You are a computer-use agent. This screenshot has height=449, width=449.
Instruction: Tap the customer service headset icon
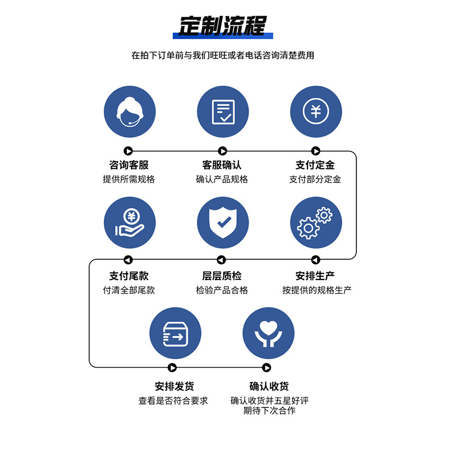pyautogui.click(x=130, y=111)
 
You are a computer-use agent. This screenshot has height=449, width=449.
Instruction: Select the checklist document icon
pyautogui.click(x=223, y=111)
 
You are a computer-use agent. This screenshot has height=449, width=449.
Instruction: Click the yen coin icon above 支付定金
pyautogui.click(x=315, y=111)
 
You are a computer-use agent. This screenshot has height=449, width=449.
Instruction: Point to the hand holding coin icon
pyautogui.click(x=130, y=222)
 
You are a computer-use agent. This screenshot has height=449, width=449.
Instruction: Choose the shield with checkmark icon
pyautogui.click(x=223, y=222)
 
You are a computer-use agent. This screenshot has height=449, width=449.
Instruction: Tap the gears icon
pyautogui.click(x=315, y=222)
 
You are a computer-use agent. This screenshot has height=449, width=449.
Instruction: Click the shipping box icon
pyautogui.click(x=175, y=333)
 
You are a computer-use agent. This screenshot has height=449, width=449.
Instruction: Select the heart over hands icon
pyautogui.click(x=268, y=333)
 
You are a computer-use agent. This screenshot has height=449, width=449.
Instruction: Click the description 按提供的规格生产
pyautogui.click(x=317, y=290)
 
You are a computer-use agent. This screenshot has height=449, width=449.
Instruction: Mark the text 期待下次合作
pyautogui.click(x=269, y=411)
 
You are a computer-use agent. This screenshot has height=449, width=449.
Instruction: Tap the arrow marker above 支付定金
pyautogui.click(x=315, y=150)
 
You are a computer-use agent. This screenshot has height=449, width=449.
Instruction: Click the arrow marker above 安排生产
pyautogui.click(x=315, y=260)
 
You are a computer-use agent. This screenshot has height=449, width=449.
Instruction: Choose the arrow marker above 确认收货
pyautogui.click(x=267, y=367)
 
